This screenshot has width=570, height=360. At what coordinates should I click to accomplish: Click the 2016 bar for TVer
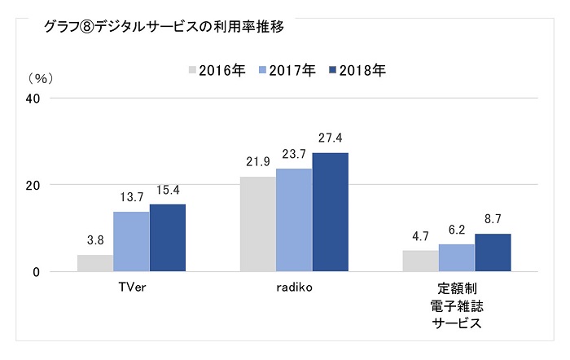[x=95, y=263]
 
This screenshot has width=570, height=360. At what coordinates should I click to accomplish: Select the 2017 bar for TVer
[x=131, y=241]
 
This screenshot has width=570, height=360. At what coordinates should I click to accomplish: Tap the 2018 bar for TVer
[x=167, y=238]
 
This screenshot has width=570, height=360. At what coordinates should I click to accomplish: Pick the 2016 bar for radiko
[x=257, y=224]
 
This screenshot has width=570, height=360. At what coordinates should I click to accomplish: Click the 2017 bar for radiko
[x=294, y=220]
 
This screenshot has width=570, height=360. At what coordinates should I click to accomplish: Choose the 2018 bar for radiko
[x=330, y=212]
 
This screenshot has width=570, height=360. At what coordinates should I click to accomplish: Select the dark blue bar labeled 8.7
[x=493, y=252]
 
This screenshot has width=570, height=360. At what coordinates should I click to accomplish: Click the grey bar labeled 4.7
[x=420, y=261]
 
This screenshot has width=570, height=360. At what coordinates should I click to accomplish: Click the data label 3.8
[x=95, y=240]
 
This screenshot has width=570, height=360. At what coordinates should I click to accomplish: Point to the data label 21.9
[x=257, y=162]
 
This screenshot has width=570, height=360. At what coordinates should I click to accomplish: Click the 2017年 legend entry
[x=287, y=69]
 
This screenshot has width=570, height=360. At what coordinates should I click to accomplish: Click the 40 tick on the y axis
[x=35, y=99]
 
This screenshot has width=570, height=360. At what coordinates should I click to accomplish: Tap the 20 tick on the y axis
[x=35, y=185]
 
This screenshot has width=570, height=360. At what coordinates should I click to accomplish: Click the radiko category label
[x=294, y=288]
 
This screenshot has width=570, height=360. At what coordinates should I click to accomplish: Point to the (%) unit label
[x=39, y=79]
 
